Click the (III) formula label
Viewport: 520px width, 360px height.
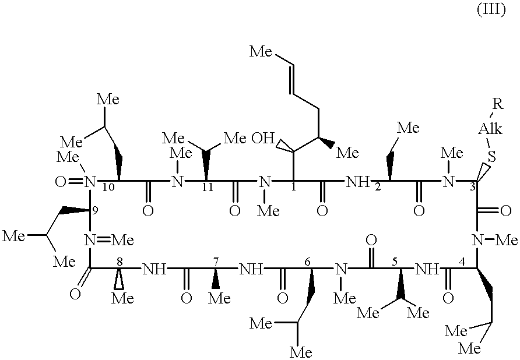tap(491, 10)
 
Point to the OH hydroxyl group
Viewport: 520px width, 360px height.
tap(262, 139)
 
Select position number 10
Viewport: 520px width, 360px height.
tap(107, 186)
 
